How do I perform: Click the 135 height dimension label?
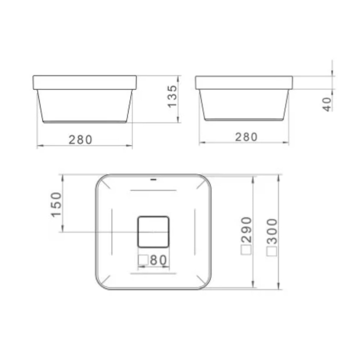172,96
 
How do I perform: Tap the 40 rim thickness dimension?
327,104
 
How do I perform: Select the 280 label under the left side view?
81,139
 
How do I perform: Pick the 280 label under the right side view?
247,137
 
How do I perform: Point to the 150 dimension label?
57,204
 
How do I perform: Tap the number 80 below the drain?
159,260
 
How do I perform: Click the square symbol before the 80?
143,260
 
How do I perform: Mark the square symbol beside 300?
272,251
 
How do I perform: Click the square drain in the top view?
153,232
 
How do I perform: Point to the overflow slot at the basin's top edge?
153,179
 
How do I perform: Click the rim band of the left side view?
85,82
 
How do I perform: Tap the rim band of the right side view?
244,82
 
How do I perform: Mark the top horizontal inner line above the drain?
153,190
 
